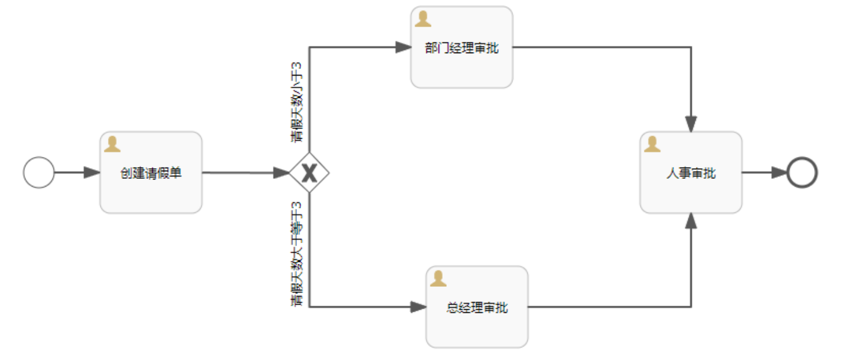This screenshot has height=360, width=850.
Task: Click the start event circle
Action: pos(39,173)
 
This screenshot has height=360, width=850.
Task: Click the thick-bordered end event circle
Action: pos(802,173)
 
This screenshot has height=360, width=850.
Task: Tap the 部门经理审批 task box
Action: pos(462,48)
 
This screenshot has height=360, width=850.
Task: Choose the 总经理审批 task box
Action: pos(477,307)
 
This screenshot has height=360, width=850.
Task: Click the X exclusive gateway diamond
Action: pos(309,173)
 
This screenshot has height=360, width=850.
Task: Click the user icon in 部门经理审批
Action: pos(423,19)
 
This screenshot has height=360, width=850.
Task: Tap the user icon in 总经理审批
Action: pos(439,279)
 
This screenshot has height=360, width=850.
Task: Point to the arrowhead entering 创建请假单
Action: pos(92,173)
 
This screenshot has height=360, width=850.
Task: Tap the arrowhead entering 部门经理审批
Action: pos(403,48)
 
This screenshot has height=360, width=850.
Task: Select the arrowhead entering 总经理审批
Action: pos(419,307)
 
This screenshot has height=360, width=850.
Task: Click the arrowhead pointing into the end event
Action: pos(779,173)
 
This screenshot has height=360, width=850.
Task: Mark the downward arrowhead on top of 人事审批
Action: pos(691,123)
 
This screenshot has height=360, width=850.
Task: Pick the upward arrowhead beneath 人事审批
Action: pos(691,221)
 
